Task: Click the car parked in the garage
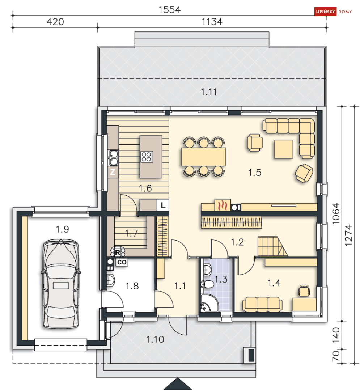coord(61,284)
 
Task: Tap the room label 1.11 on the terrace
coord(209,92)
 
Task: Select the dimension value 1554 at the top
coord(170,10)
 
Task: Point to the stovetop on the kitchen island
coord(147,157)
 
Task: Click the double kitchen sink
coord(113,157)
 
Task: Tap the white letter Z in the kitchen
coord(113,172)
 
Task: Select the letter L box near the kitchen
coord(163,205)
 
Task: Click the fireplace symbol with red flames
coord(221,205)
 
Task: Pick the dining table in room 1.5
coord(204,156)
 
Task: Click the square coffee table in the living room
coord(283,149)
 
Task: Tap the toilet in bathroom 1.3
coord(207,284)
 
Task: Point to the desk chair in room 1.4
coord(304,290)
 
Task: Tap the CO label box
coord(121,263)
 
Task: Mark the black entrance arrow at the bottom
coord(177,384)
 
